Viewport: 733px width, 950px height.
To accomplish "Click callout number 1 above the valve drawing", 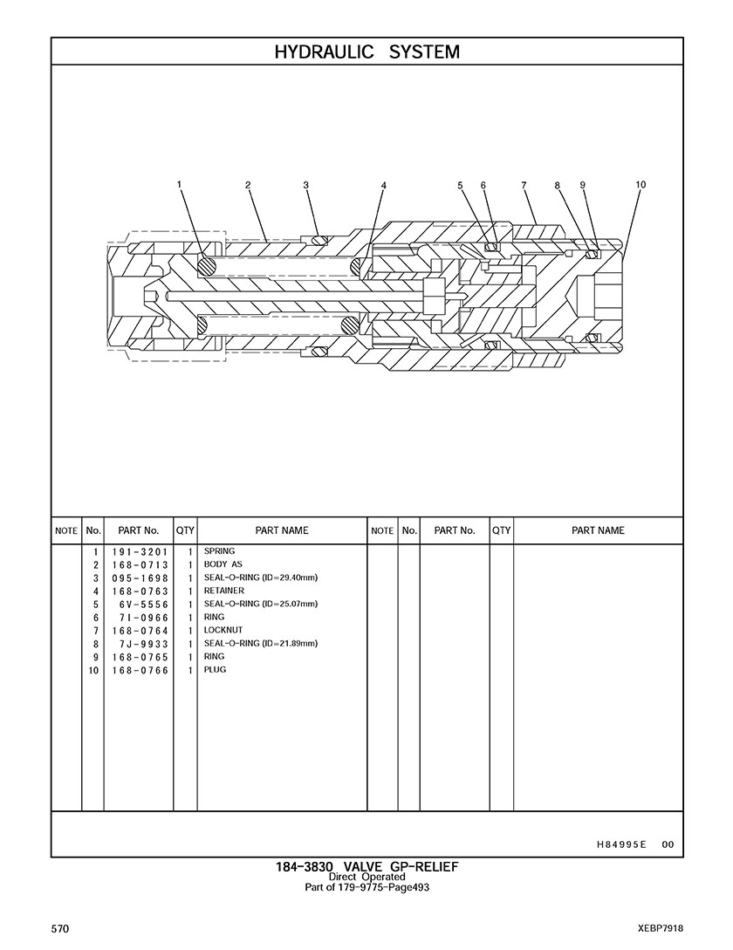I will (179, 184).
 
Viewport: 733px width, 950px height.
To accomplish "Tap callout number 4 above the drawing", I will (383, 185).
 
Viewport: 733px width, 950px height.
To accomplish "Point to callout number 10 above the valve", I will (641, 184).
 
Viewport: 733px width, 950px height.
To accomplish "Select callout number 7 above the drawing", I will (524, 185).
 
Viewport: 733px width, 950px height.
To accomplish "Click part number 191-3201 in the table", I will (139, 552).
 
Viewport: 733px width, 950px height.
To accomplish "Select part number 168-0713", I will (139, 565).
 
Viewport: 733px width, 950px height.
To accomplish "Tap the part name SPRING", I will (219, 551).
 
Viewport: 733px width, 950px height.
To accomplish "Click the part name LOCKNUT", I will (223, 630).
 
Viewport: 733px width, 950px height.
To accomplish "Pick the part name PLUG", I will (216, 670).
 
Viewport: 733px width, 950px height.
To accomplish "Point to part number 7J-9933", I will (140, 644).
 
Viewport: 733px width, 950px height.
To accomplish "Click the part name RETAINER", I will (224, 591).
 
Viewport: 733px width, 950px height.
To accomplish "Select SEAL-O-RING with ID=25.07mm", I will (260, 604).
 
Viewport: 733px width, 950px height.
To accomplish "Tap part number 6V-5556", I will (140, 605).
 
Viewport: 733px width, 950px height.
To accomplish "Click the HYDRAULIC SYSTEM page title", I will (366, 52).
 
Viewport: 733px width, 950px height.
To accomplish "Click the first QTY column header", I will (185, 530).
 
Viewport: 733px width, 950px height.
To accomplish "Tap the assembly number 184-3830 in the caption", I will (299, 866).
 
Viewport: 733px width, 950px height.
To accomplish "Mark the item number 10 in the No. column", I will (93, 670).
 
